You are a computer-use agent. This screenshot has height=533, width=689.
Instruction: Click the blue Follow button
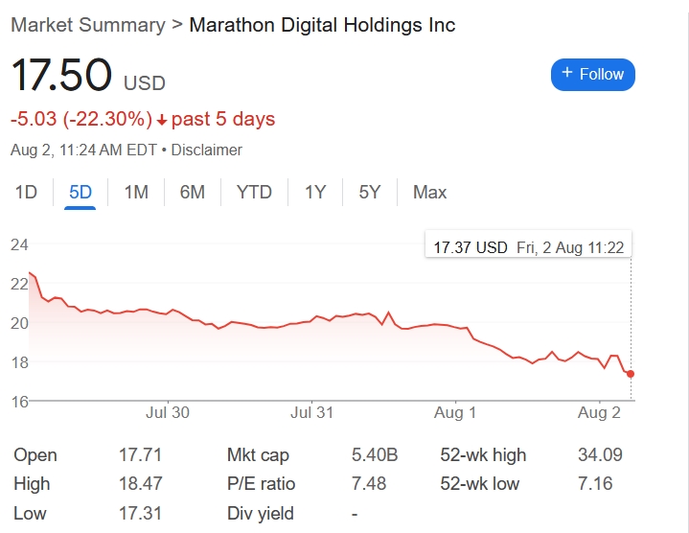[592, 74]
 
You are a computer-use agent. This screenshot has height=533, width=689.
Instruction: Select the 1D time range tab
[26, 193]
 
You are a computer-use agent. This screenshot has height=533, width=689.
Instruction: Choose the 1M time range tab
[136, 193]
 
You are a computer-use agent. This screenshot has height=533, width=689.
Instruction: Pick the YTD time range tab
[254, 193]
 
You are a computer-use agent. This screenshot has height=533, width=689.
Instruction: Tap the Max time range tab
[429, 193]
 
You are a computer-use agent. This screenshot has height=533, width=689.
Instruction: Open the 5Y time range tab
[370, 193]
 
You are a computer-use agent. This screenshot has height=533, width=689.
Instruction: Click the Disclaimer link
[207, 151]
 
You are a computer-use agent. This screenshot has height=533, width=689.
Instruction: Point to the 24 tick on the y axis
[19, 244]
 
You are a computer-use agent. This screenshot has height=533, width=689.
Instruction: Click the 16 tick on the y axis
[19, 401]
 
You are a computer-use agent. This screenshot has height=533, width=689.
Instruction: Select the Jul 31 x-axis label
[311, 413]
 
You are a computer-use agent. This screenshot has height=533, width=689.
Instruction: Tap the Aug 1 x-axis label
[455, 413]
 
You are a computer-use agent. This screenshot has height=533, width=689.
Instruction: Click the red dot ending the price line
[631, 374]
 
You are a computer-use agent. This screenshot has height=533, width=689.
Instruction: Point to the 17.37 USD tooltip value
[470, 247]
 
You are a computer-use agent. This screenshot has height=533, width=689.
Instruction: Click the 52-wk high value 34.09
[594, 455]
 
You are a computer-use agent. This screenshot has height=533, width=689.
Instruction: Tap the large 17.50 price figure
[61, 77]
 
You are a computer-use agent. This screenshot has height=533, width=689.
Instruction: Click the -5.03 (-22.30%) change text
[81, 120]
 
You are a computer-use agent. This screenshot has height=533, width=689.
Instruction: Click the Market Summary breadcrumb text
[87, 25]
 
